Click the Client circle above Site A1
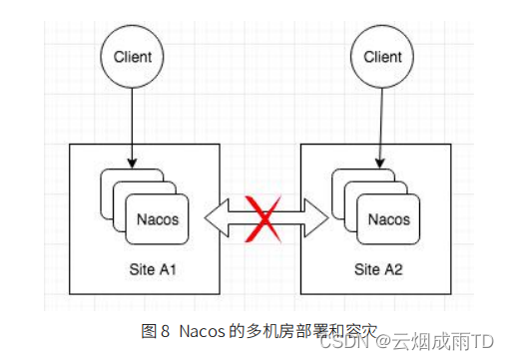click(x=133, y=57)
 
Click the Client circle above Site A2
click(x=382, y=57)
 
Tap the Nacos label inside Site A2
click(x=389, y=218)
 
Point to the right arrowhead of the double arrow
click(x=320, y=215)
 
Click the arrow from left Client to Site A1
click(x=133, y=125)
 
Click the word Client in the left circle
click(x=133, y=57)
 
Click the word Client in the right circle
click(x=382, y=57)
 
